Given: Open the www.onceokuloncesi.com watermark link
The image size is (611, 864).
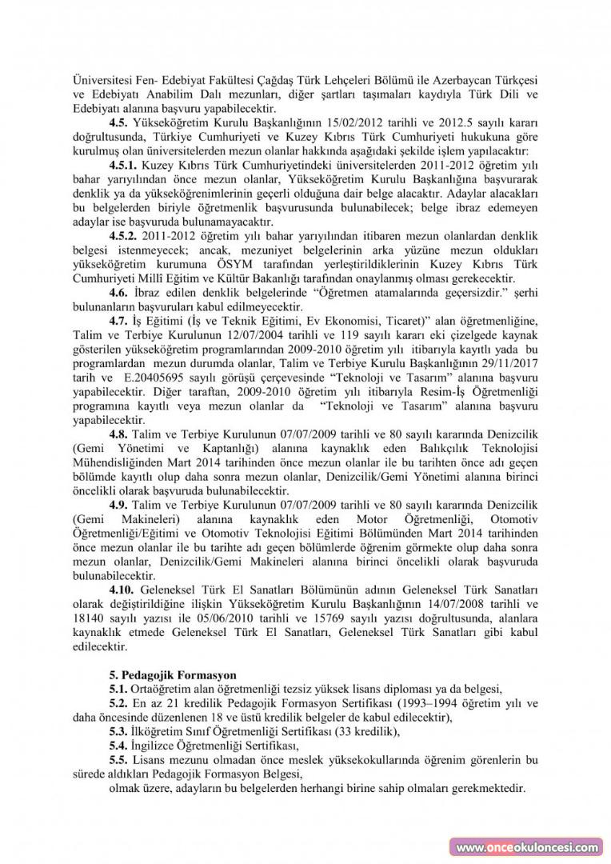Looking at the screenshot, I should pos(528,847).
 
